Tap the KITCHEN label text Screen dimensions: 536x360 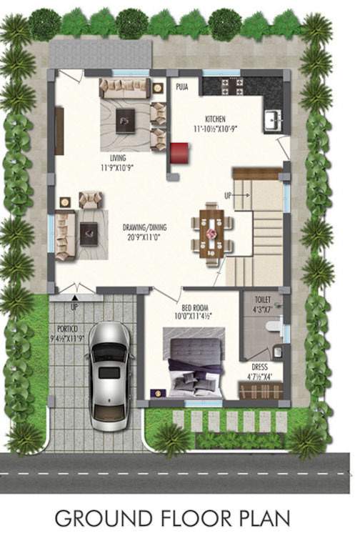pyautogui.click(x=216, y=119)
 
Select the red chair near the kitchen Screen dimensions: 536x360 pyautogui.click(x=179, y=152)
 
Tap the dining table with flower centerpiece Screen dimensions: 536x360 pyautogui.click(x=211, y=234)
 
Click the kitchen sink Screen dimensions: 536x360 pyautogui.click(x=273, y=119)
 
